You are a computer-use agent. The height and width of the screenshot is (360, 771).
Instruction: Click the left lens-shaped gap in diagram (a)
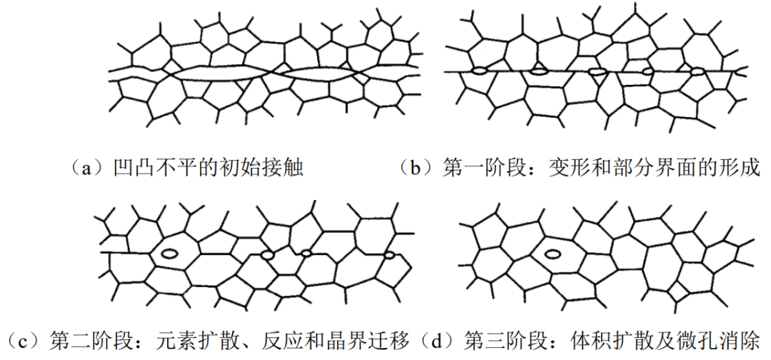tap(218, 73)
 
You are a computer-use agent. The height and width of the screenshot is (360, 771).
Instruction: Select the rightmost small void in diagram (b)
tap(697, 71)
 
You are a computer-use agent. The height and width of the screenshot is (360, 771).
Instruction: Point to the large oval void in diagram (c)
tap(170, 253)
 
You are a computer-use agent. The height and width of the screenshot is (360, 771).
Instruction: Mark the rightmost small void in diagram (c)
tap(390, 254)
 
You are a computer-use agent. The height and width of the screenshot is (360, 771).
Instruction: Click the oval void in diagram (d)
tap(553, 252)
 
